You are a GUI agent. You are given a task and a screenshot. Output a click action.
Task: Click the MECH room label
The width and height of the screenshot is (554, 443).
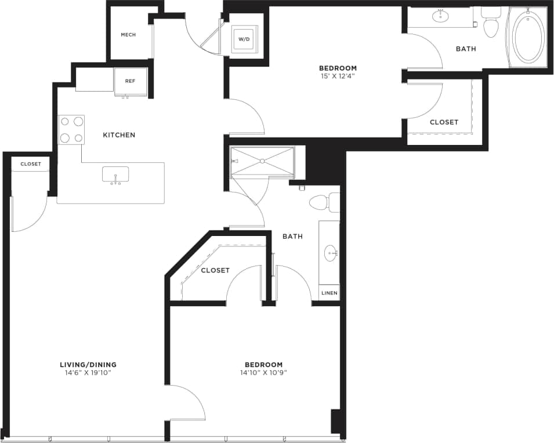[128, 35]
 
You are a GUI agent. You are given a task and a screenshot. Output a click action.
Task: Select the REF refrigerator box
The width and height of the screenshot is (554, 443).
[130, 81]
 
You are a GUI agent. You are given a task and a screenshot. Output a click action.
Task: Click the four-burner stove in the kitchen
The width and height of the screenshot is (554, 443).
[71, 130]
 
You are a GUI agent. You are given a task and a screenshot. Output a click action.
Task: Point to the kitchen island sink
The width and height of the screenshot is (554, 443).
[115, 175]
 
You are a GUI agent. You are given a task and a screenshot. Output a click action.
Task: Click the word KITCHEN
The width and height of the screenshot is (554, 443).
[119, 135]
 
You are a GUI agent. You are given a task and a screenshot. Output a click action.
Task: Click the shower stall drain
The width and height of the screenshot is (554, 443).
[262, 161]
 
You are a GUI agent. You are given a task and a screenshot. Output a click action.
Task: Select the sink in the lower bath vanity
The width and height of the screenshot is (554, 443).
[331, 252]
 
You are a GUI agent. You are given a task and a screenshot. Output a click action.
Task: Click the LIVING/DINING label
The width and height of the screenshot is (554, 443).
[88, 365]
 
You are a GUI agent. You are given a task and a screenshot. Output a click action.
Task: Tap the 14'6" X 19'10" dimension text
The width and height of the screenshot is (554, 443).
[88, 373]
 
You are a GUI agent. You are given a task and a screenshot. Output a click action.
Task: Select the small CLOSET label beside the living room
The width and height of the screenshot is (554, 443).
[31, 164]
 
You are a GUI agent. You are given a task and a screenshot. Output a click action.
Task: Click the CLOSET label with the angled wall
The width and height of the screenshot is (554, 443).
[215, 270]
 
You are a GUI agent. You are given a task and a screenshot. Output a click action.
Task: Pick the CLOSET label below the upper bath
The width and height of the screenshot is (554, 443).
[444, 122]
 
